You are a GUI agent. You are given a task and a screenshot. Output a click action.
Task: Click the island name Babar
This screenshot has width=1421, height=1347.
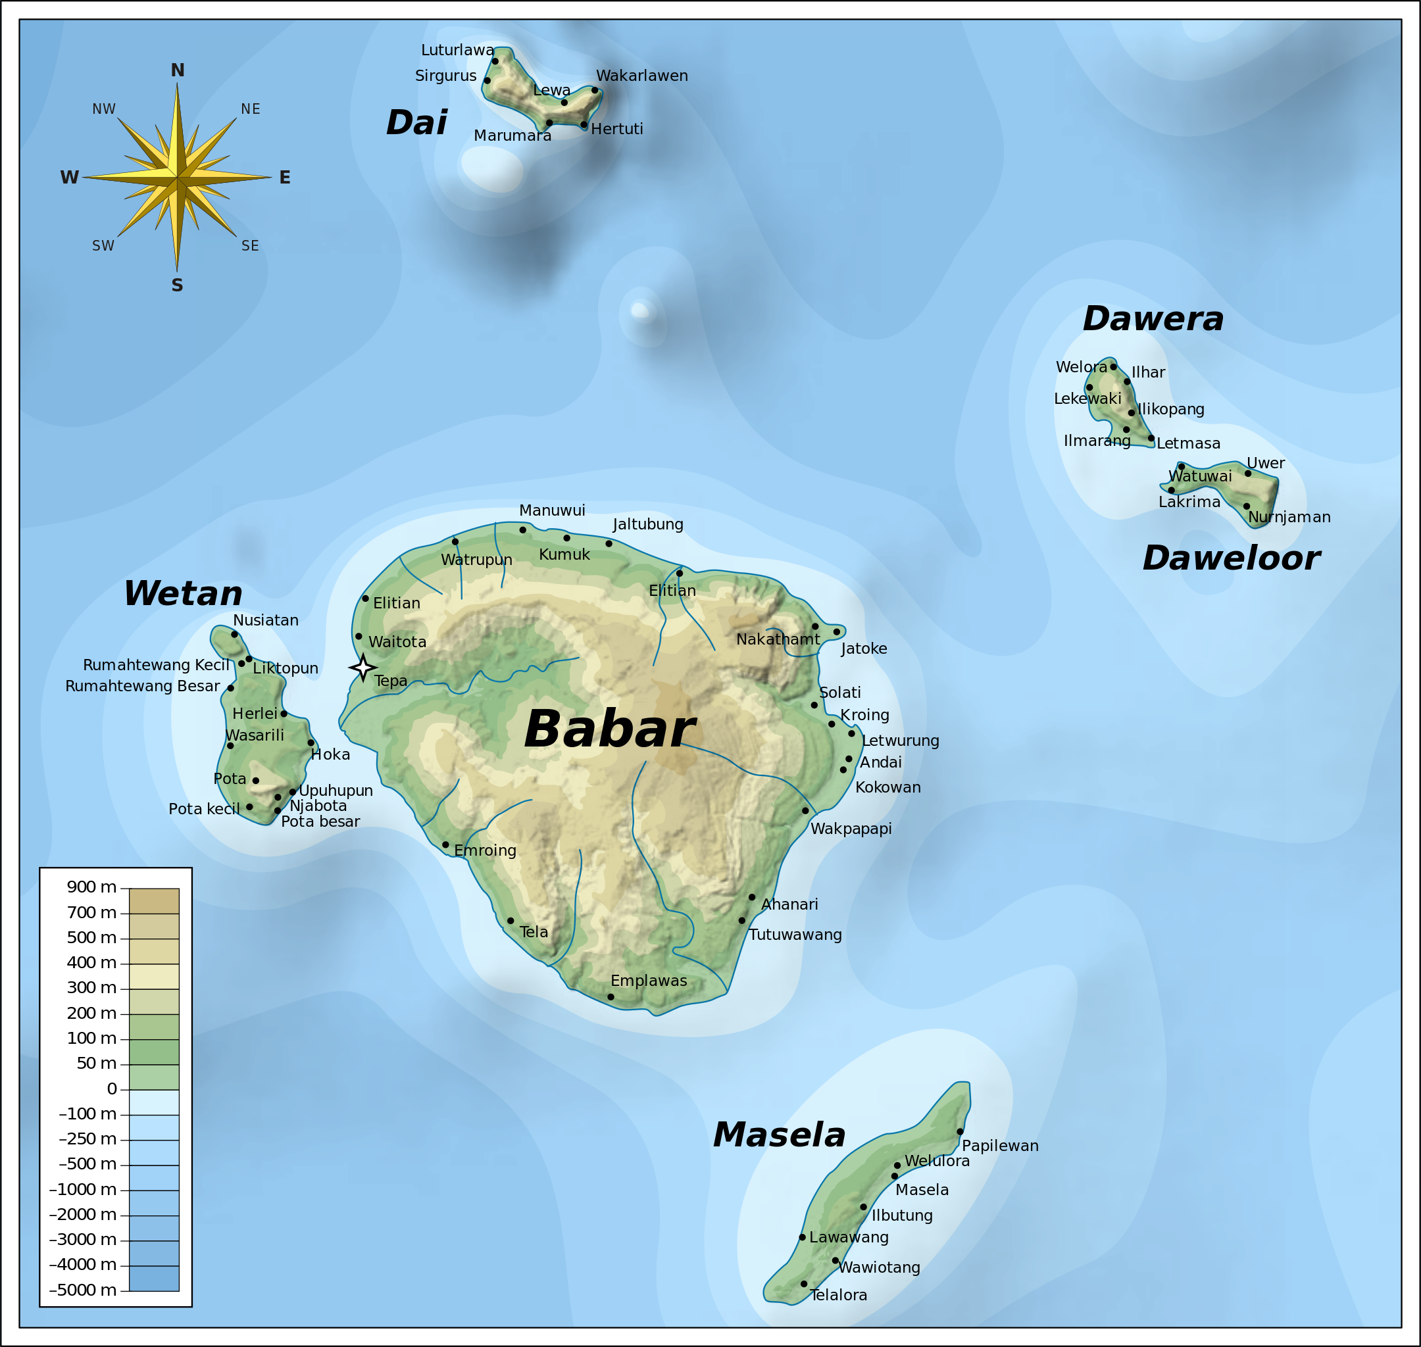[x=609, y=729]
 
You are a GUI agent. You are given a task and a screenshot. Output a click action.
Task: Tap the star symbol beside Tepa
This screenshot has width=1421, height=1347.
[x=362, y=668]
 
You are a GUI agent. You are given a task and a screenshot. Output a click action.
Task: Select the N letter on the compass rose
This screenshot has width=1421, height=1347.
[x=178, y=70]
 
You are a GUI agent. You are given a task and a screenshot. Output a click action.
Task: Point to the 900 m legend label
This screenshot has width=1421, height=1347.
[x=91, y=887]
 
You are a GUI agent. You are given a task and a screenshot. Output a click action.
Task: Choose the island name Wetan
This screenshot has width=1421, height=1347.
[x=183, y=594]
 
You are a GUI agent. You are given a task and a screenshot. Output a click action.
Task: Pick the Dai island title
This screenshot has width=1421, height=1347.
[x=416, y=123]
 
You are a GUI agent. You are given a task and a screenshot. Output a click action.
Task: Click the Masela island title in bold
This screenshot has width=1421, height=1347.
[x=779, y=1136]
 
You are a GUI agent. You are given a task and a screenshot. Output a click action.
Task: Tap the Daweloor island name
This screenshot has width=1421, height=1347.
[x=1231, y=558]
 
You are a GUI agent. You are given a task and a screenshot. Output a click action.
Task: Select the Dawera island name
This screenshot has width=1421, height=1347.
[x=1153, y=319]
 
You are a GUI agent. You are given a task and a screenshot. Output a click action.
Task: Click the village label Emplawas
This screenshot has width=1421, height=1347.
[x=649, y=981]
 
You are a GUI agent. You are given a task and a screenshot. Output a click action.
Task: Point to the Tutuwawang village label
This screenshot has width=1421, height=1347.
[x=795, y=935]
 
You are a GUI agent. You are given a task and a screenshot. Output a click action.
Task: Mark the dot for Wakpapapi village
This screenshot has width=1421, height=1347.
[x=805, y=811]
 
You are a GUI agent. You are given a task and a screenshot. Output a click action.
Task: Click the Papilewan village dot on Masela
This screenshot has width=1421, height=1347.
[x=960, y=1131]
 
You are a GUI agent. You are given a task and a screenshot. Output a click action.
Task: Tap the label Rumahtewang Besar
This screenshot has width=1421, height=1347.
[x=142, y=687]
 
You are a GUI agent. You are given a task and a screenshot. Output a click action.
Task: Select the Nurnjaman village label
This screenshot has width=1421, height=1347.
[x=1289, y=517]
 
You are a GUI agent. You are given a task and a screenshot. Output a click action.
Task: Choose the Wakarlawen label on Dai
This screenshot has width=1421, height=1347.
[x=641, y=76]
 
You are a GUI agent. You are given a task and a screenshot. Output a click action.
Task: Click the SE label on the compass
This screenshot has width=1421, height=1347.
[x=250, y=245]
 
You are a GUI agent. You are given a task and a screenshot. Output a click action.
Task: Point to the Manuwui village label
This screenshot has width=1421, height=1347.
[x=551, y=510]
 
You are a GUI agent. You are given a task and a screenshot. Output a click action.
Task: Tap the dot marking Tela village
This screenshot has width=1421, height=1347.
[x=511, y=921]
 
